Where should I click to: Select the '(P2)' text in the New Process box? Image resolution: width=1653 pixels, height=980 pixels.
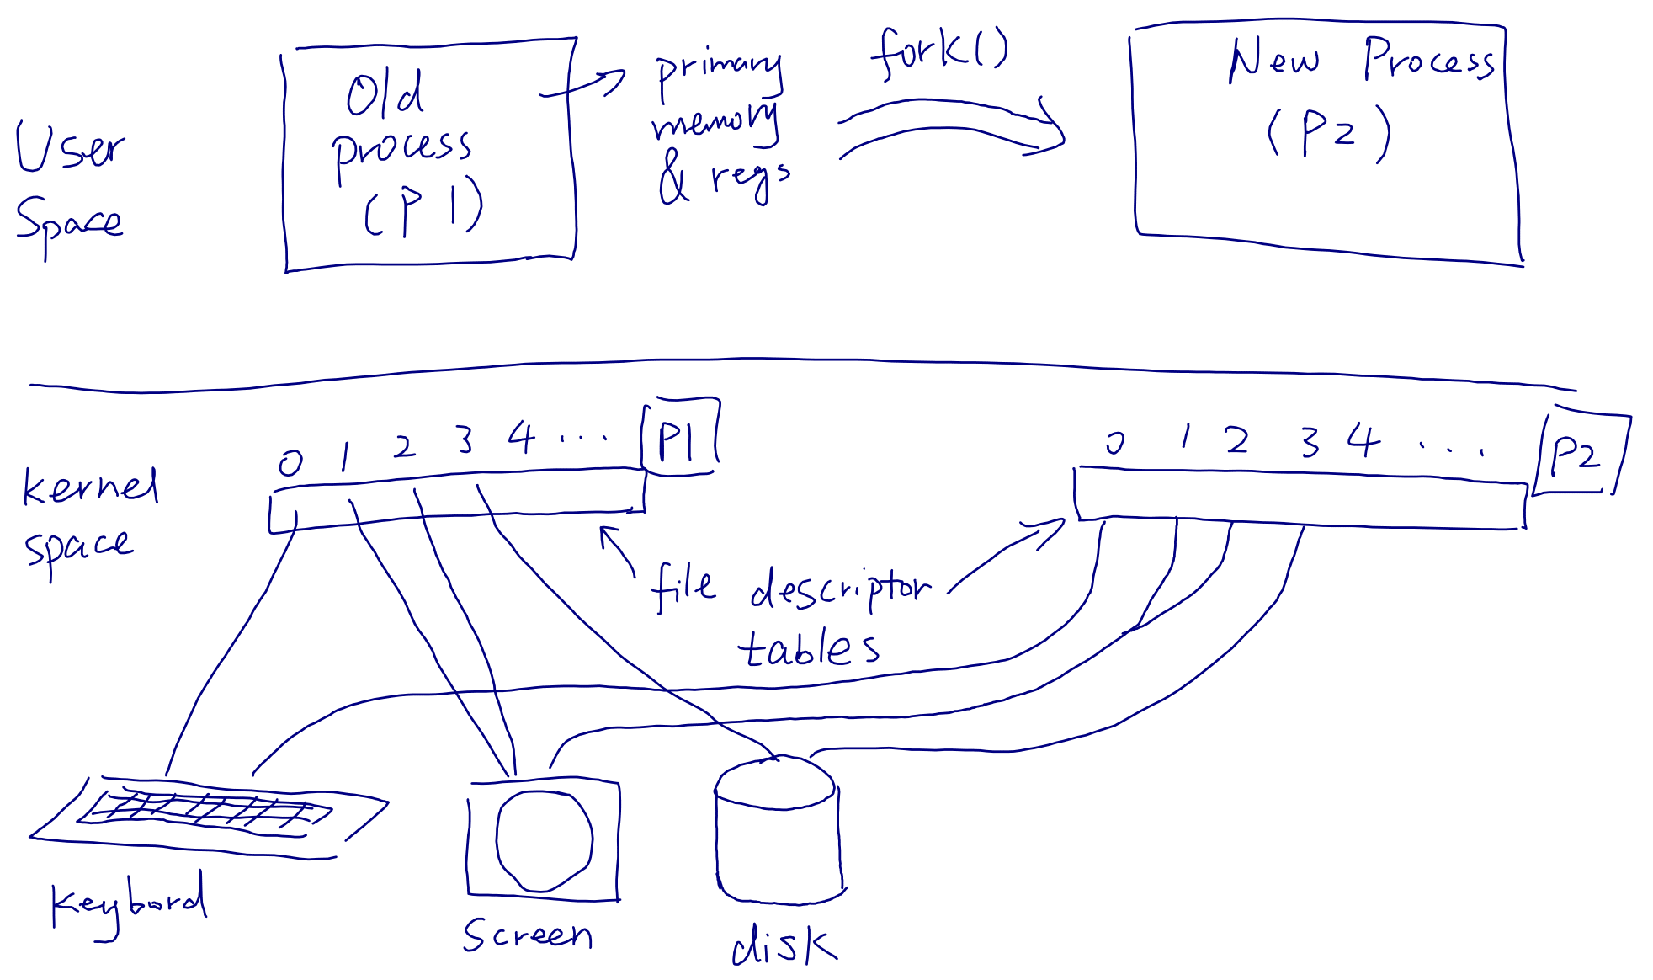click(x=1328, y=133)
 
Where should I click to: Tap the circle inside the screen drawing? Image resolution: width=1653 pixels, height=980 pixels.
click(x=544, y=839)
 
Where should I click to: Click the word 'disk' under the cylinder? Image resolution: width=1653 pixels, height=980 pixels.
click(x=784, y=944)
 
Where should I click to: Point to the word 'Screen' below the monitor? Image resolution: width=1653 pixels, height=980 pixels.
click(x=528, y=934)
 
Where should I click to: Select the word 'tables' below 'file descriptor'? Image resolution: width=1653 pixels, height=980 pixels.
click(x=808, y=647)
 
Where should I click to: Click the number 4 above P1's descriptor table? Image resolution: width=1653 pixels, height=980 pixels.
click(x=521, y=438)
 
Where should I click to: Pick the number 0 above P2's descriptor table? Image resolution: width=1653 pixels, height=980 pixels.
click(x=1115, y=442)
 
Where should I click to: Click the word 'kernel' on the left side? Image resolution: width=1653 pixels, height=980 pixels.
click(x=90, y=486)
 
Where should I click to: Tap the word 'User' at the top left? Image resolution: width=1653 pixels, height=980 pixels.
click(x=71, y=146)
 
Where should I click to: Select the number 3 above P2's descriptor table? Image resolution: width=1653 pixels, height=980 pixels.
click(x=1310, y=441)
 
